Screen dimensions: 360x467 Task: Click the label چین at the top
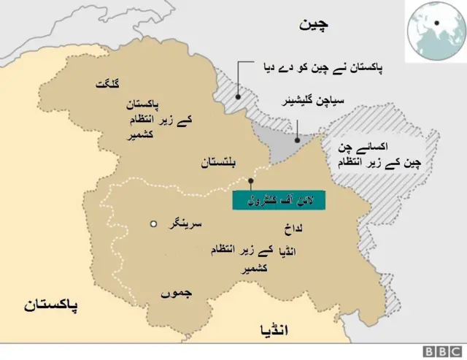click(314, 24)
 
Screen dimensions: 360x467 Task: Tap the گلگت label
click(106, 85)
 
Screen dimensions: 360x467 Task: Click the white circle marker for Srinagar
click(153, 224)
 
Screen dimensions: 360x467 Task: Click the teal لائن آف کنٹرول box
click(279, 199)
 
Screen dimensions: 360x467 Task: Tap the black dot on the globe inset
click(436, 22)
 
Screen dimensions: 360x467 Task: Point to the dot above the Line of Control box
click(250, 180)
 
